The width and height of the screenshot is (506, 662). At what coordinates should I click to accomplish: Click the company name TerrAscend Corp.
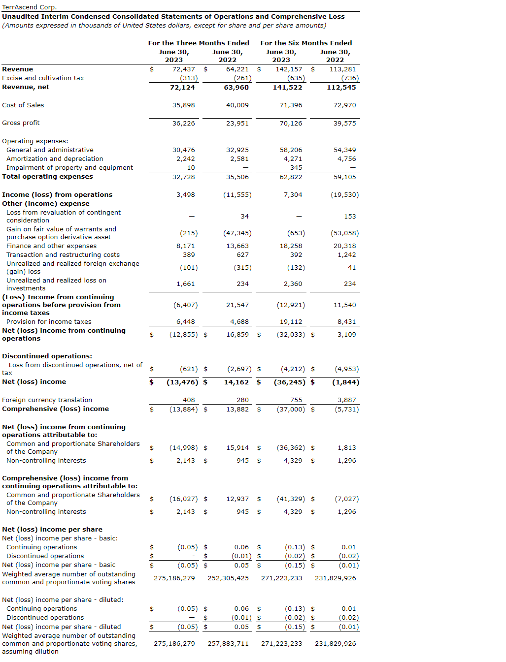point(30,7)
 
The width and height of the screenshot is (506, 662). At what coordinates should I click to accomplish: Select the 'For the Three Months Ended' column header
point(199,43)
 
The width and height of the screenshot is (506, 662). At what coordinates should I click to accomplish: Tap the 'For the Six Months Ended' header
point(306,43)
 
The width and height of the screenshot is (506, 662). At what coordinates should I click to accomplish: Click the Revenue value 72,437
point(183,69)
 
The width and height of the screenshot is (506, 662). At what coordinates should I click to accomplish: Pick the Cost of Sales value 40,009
point(237,105)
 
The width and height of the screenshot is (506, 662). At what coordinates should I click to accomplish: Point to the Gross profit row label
point(21,123)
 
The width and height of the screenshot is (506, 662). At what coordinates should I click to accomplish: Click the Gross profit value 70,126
point(291,124)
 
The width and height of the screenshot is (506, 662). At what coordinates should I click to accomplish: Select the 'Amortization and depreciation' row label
point(55,159)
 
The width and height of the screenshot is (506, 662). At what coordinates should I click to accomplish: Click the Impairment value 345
point(296,168)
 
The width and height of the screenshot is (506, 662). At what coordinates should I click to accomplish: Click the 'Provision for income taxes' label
point(49,322)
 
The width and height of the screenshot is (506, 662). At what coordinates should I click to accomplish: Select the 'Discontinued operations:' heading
point(47,356)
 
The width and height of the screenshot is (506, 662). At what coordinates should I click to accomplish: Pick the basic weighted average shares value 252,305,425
point(228,578)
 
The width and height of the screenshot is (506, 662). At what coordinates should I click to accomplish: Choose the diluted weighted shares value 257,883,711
point(228,644)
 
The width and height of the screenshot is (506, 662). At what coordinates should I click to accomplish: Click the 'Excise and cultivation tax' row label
point(43,78)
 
